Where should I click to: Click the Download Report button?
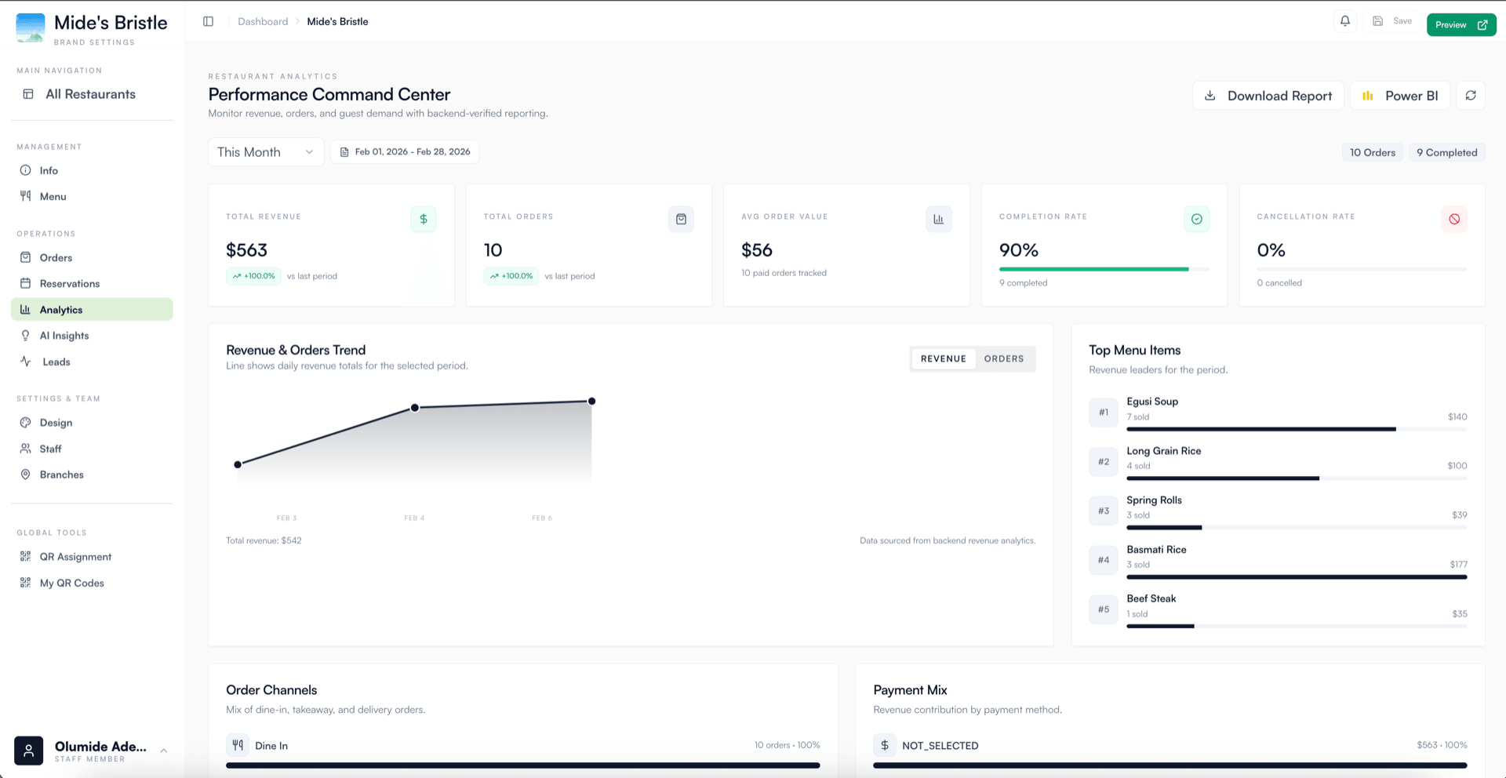[1268, 96]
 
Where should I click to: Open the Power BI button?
[1400, 96]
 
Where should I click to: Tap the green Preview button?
[1461, 25]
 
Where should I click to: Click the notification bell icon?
[1345, 21]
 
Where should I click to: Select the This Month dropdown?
[265, 152]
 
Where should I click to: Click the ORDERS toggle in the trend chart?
[1004, 359]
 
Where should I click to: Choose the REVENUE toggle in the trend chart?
[944, 359]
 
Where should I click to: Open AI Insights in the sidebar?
[64, 336]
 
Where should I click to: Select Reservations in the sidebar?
[70, 284]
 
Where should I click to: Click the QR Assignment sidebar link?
[75, 557]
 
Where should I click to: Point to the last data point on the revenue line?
[592, 402]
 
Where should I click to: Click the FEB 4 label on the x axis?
[414, 518]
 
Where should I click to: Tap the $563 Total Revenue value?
[246, 250]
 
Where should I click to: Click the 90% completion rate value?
[1018, 250]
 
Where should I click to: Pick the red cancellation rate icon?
[1454, 220]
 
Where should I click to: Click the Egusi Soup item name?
[1152, 402]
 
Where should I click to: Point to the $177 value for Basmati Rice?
[1458, 565]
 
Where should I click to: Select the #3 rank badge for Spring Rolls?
[1104, 511]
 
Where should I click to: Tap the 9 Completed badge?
[1446, 153]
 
